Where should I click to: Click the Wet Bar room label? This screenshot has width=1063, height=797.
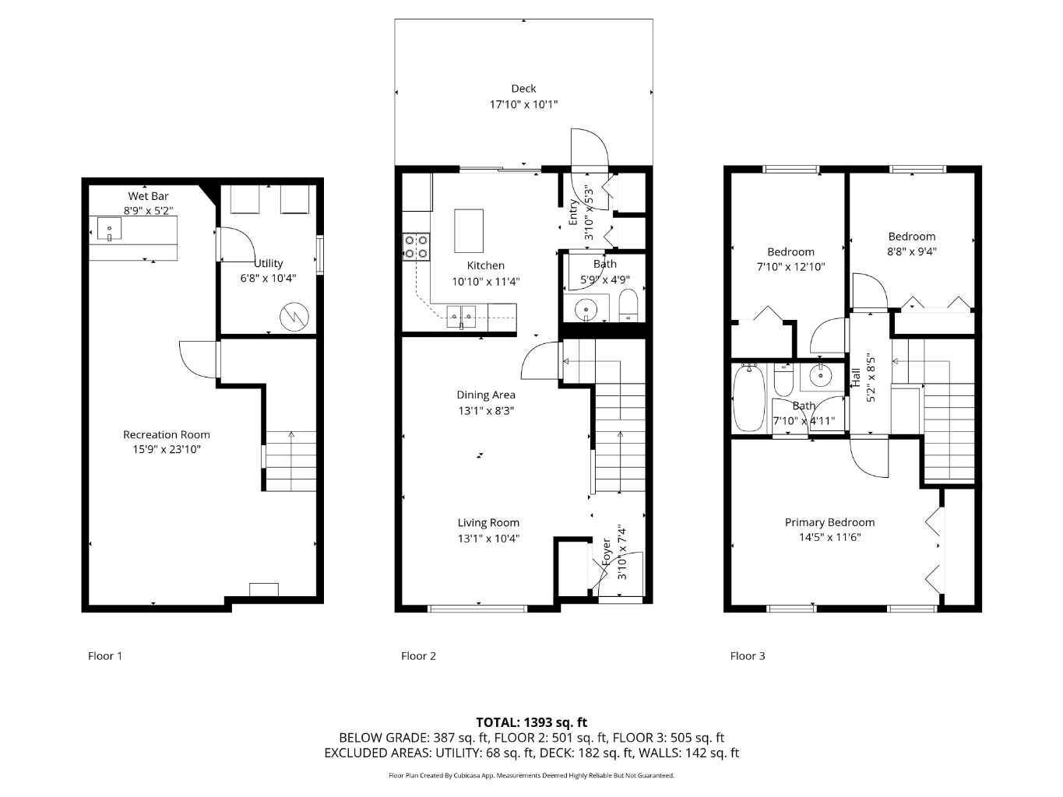click(148, 196)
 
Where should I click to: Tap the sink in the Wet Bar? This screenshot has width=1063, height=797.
click(109, 229)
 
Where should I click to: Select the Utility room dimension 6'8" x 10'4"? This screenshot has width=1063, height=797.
click(268, 278)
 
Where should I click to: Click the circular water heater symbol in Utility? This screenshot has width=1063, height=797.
click(294, 315)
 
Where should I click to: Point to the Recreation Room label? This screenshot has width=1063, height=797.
click(166, 434)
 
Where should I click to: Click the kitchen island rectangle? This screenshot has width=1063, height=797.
click(469, 230)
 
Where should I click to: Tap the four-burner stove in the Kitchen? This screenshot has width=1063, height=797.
click(415, 246)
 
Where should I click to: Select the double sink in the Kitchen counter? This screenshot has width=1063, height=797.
click(461, 314)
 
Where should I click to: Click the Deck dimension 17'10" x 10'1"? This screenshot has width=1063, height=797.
click(523, 104)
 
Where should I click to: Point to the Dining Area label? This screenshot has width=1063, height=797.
click(486, 395)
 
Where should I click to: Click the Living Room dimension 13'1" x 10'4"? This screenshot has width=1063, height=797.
click(488, 538)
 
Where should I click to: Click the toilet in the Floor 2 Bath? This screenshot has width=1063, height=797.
click(628, 305)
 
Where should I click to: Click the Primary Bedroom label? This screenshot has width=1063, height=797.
click(829, 522)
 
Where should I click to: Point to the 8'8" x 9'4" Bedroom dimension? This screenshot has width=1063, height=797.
click(911, 251)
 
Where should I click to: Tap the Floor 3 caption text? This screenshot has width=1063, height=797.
click(747, 655)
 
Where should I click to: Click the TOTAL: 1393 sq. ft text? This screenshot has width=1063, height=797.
click(531, 722)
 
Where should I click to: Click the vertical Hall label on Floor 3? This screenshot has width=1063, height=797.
click(857, 378)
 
